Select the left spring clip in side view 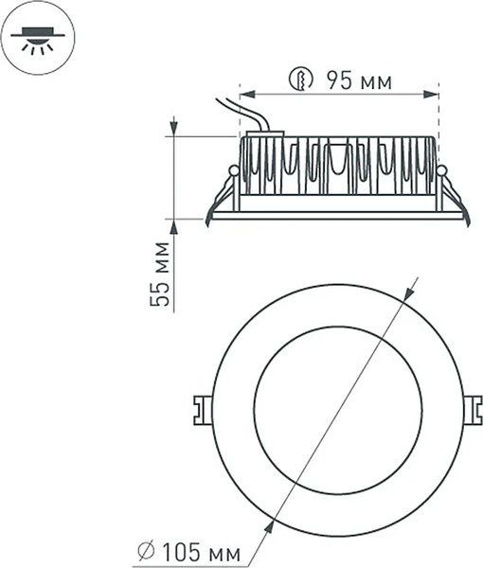click(224, 194)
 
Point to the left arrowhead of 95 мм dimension click(244, 93)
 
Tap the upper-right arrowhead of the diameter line click(409, 288)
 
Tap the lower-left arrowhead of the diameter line click(272, 526)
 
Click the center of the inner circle click(338, 410)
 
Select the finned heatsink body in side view click(337, 167)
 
